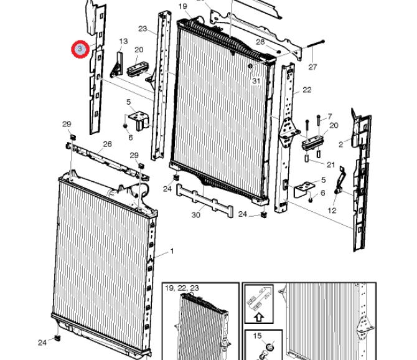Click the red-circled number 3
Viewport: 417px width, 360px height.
click(80, 49)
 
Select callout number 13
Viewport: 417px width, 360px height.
click(123, 41)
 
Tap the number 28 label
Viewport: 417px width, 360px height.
click(260, 42)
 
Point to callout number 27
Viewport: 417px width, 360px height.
click(312, 67)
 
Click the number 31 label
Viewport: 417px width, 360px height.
click(256, 80)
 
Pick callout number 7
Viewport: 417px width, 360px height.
click(330, 116)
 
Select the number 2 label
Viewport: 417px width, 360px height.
click(341, 144)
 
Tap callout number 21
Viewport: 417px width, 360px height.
click(330, 164)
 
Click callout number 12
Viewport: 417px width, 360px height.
click(332, 211)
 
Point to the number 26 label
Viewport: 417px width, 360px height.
click(107, 144)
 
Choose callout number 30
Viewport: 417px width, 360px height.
click(195, 215)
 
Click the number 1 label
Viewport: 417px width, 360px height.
click(172, 251)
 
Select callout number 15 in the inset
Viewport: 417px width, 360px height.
click(257, 336)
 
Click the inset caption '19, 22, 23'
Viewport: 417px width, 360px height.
click(182, 288)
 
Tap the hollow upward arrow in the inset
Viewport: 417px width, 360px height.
click(259, 317)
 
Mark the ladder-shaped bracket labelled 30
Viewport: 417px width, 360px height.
click(205, 200)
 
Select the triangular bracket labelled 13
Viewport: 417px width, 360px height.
click(117, 65)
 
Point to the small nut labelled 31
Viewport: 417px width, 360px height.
click(250, 66)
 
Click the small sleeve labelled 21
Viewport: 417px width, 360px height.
click(306, 159)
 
